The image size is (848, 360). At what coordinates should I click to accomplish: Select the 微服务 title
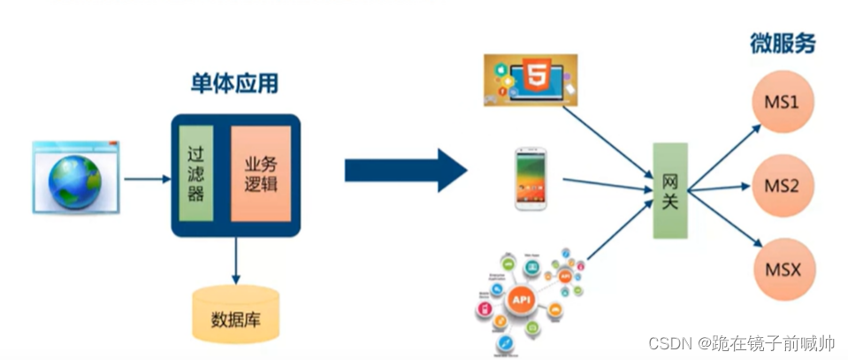(782, 42)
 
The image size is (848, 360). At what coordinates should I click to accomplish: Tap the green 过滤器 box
(196, 174)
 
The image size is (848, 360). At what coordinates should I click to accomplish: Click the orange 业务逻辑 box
(260, 174)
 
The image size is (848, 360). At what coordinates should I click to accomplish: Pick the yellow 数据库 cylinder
(236, 315)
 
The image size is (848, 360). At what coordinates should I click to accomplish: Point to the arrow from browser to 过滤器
(147, 180)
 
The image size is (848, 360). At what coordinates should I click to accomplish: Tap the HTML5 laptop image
(531, 80)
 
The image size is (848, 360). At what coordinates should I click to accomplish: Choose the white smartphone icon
(531, 179)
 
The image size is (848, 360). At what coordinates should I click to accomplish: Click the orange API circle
(521, 302)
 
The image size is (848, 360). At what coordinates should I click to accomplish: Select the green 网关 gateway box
(670, 190)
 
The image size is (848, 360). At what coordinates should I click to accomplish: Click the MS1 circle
(781, 103)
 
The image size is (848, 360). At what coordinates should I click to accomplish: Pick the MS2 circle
(781, 186)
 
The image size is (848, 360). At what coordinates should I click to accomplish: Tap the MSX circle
(781, 268)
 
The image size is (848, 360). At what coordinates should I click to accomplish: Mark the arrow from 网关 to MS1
(725, 156)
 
